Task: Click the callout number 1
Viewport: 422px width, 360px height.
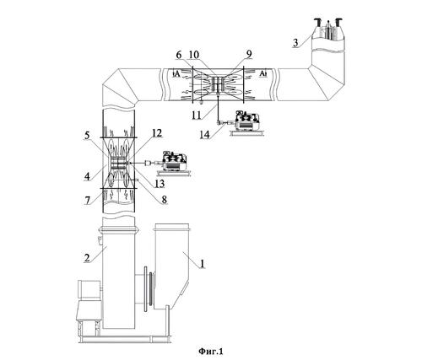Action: [x=203, y=263]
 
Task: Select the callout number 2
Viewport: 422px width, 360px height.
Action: [x=87, y=257]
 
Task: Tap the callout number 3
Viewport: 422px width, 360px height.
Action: [x=295, y=43]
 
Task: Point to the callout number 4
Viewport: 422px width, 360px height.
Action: [x=88, y=176]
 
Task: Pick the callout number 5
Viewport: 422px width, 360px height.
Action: [x=88, y=136]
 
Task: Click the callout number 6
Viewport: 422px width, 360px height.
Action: [x=179, y=55]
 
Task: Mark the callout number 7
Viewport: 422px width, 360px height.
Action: [x=88, y=200]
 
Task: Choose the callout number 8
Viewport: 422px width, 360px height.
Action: [x=164, y=200]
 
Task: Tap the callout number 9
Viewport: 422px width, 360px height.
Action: [x=249, y=54]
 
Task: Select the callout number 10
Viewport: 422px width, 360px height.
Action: [x=194, y=55]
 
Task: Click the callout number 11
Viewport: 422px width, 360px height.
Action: [x=197, y=115]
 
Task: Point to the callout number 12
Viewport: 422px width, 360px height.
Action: [x=157, y=132]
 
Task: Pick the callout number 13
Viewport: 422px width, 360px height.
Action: [x=160, y=184]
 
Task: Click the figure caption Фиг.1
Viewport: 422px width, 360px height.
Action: [x=211, y=351]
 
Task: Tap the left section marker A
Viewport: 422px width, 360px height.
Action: [x=177, y=74]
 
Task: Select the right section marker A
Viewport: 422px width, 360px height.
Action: [x=262, y=73]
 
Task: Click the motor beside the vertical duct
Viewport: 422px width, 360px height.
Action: [x=173, y=162]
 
